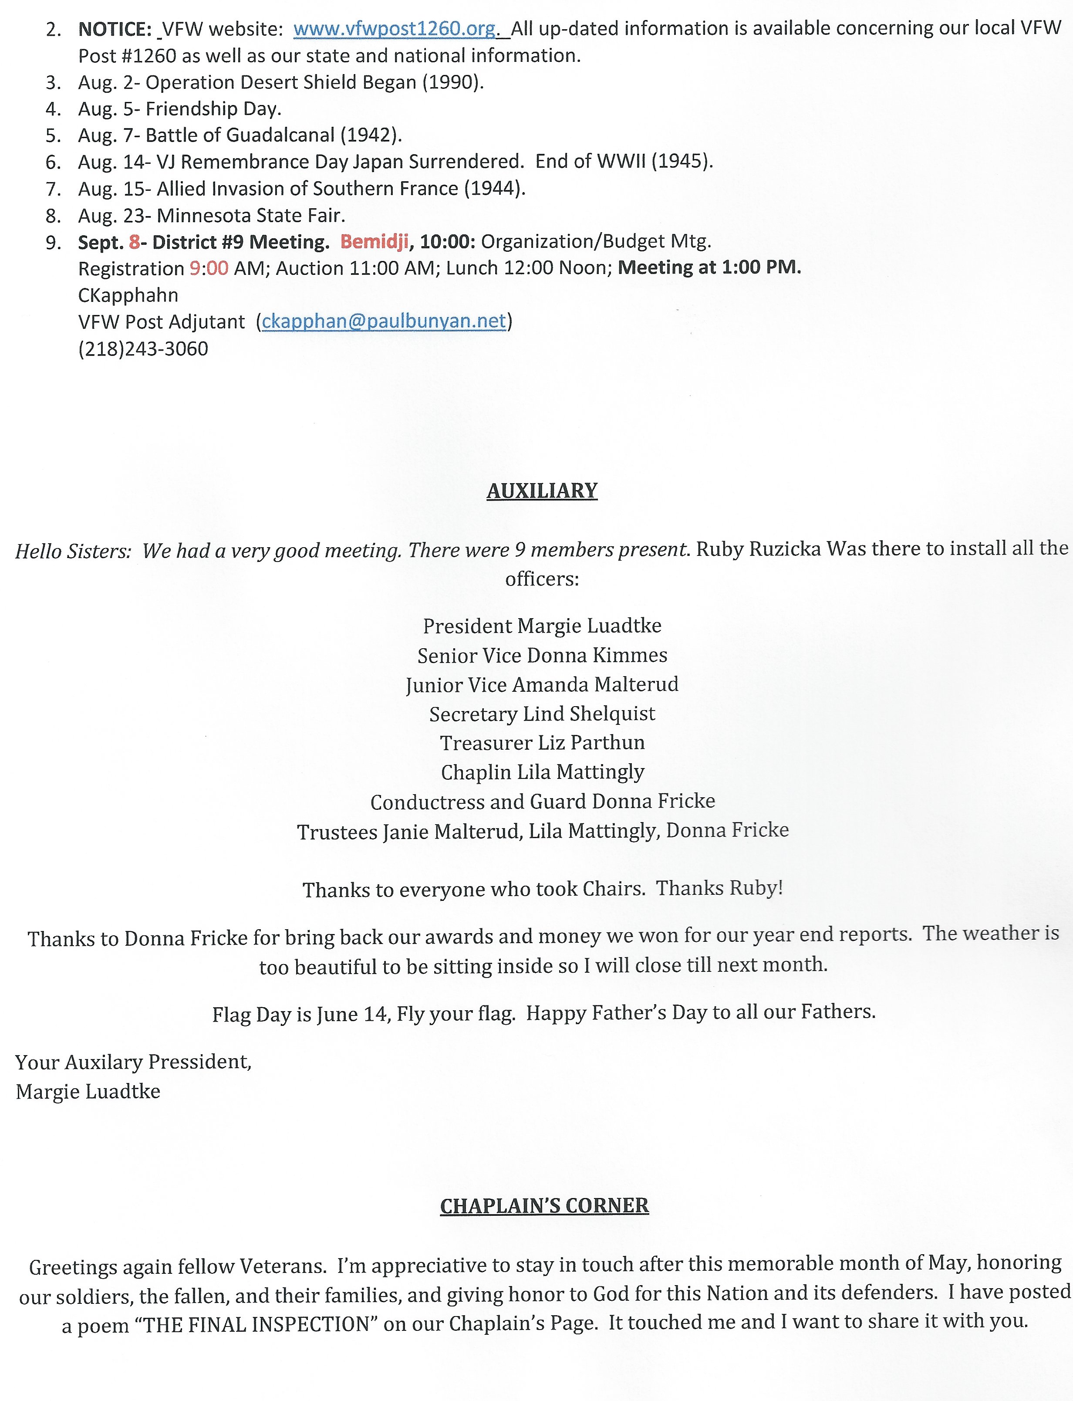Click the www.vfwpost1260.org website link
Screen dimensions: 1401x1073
coord(394,29)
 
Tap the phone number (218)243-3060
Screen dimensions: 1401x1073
coord(143,349)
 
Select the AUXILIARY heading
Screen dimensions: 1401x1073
coord(542,491)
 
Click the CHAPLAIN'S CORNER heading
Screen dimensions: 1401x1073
coord(544,1205)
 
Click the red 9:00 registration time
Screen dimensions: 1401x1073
coord(209,268)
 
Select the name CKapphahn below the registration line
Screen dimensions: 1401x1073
coord(128,295)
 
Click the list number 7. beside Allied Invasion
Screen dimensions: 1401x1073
coord(54,189)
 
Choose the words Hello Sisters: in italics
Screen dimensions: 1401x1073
coord(73,551)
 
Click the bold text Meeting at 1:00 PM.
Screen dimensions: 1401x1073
coord(709,267)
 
